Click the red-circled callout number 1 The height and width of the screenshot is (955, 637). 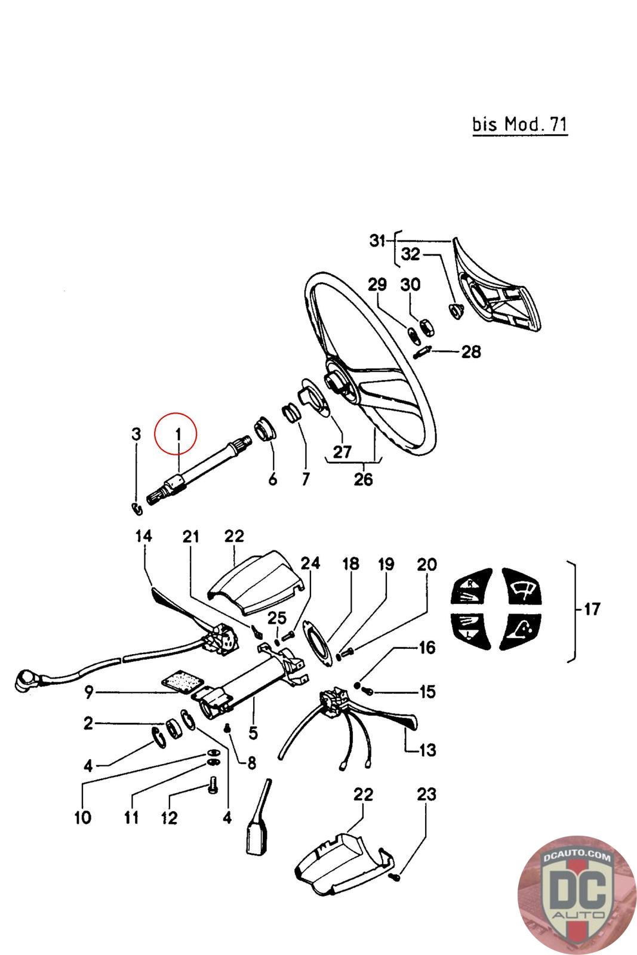click(177, 435)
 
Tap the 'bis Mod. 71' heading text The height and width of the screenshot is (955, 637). click(519, 125)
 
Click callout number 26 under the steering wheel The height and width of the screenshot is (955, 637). click(363, 479)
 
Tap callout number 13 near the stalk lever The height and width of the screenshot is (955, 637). click(428, 749)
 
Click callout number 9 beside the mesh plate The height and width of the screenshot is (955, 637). click(89, 692)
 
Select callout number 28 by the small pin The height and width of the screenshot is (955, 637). click(471, 352)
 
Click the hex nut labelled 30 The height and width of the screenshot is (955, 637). click(427, 326)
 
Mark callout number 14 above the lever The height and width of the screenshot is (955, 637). click(143, 536)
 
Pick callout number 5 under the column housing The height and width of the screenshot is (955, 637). click(253, 732)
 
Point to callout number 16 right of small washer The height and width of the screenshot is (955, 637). click(427, 648)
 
